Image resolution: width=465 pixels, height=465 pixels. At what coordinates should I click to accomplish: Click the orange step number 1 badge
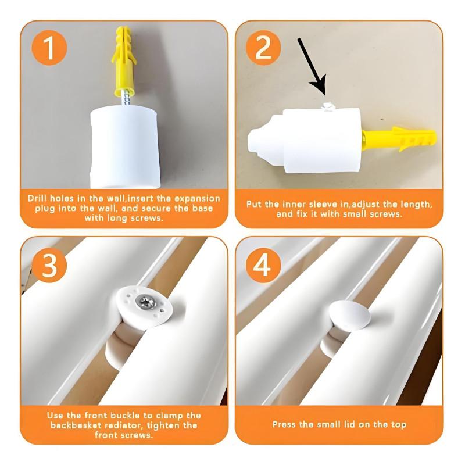click(x=49, y=48)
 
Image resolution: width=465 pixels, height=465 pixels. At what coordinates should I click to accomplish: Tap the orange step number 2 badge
click(x=263, y=48)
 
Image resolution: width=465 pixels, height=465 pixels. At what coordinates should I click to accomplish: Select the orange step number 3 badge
click(x=49, y=264)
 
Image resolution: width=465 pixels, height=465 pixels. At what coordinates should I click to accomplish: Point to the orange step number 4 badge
click(x=263, y=264)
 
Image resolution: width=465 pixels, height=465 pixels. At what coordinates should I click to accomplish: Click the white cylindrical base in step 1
click(x=124, y=148)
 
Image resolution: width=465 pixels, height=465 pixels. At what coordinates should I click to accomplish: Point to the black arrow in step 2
click(x=312, y=66)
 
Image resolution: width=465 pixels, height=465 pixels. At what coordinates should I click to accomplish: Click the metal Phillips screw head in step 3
click(x=145, y=302)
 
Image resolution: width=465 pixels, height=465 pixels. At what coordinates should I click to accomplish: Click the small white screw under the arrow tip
click(x=327, y=105)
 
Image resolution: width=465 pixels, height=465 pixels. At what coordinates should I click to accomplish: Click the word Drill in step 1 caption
click(x=37, y=198)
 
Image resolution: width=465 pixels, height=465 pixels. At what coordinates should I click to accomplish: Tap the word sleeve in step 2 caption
click(x=324, y=205)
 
